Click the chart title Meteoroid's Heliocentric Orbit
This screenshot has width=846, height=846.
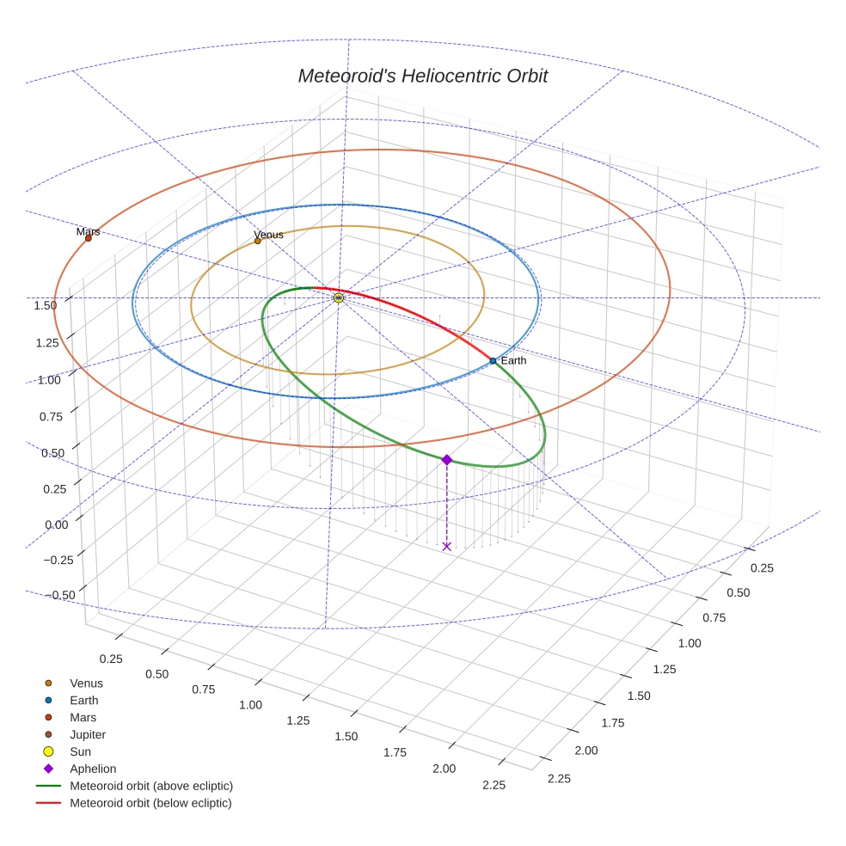point(422,77)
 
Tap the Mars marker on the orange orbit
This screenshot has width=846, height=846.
point(89,238)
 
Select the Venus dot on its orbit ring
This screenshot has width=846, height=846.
point(258,241)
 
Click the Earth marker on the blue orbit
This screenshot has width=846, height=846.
point(493,361)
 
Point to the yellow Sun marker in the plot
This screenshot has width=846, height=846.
point(339,297)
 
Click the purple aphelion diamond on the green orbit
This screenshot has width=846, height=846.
point(446,460)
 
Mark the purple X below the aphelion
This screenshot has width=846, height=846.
point(446,546)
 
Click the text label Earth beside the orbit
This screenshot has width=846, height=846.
point(513,361)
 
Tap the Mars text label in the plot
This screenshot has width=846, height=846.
point(88,231)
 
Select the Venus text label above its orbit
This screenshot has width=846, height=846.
point(268,235)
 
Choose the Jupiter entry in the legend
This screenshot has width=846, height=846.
point(88,734)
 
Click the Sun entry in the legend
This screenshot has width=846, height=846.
point(80,751)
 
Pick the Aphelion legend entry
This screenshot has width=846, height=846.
point(93,769)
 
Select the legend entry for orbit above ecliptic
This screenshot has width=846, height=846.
point(151,786)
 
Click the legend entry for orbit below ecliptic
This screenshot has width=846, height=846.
point(150,803)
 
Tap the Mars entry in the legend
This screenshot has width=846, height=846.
point(83,717)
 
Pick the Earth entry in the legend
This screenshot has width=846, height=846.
point(83,700)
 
